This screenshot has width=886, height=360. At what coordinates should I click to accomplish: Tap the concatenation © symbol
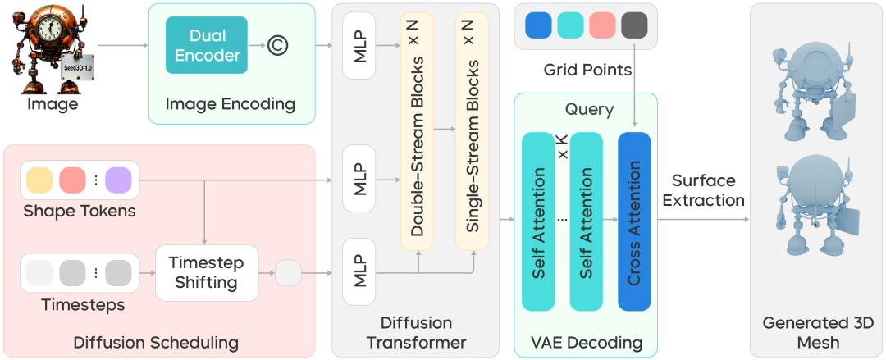click(277, 46)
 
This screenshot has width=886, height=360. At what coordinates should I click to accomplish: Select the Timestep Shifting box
click(206, 272)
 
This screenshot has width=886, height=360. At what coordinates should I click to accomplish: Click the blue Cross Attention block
click(633, 221)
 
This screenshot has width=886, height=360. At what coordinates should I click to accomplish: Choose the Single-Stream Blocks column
click(472, 131)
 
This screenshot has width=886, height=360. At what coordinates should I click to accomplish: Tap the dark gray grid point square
click(635, 25)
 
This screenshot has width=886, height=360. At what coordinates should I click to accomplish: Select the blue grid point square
click(538, 25)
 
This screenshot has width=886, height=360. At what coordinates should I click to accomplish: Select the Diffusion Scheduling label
click(156, 342)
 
